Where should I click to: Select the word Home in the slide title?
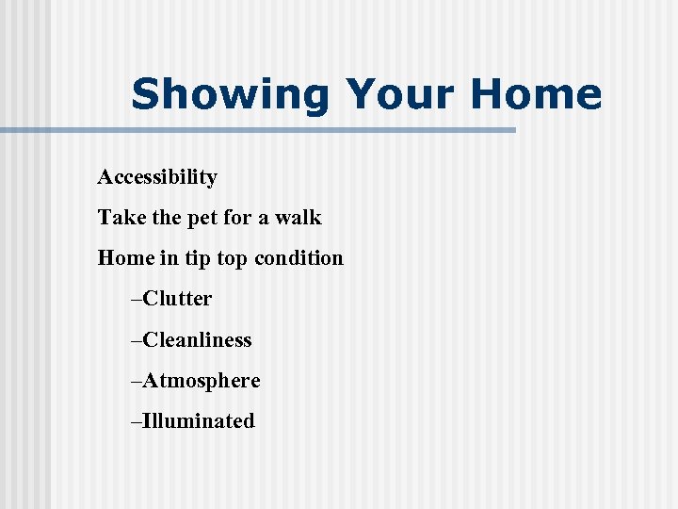pos(535,95)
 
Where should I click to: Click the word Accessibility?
pos(157,177)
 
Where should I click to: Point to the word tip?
pos(197,259)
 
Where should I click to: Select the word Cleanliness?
pos(197,339)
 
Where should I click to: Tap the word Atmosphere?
pos(202,381)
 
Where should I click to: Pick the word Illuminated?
pos(198,421)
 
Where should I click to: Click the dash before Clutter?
pos(137,300)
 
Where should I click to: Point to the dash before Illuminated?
pos(137,422)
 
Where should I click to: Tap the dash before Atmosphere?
pos(137,382)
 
